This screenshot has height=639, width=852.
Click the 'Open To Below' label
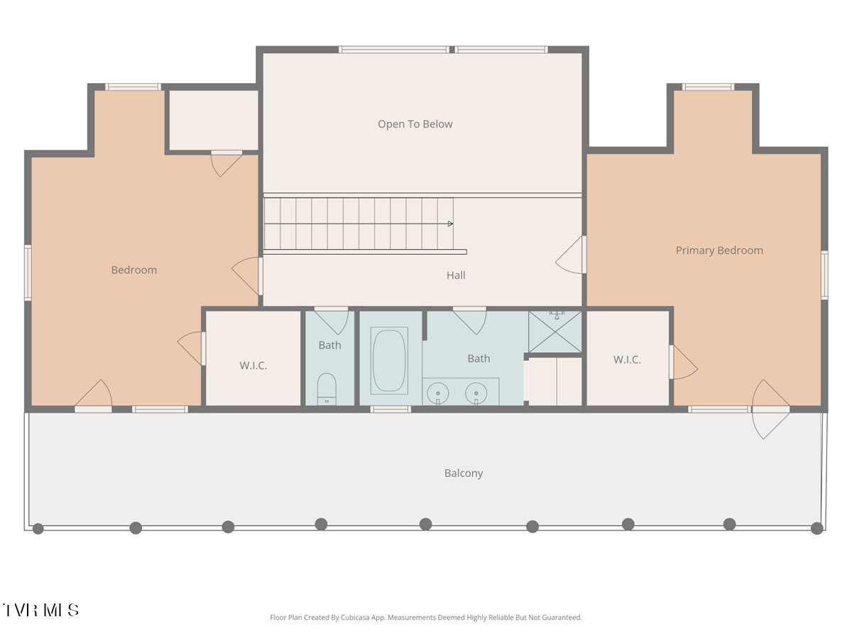415,124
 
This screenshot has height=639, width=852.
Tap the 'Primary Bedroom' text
719,250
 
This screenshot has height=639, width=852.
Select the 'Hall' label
456,275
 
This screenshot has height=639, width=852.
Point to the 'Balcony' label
464,473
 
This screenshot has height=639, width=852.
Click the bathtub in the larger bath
389,361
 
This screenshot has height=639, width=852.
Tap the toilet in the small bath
327,389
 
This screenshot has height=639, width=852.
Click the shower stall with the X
555,332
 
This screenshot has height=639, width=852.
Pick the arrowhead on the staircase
450,224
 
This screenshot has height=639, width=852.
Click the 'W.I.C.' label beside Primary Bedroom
627,360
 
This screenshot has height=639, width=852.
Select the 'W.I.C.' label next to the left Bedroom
253,366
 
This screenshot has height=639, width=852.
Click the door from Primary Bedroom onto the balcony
770,409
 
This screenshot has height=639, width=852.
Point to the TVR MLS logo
40,610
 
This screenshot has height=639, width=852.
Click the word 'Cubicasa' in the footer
355,617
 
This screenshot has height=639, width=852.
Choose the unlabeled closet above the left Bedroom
214,120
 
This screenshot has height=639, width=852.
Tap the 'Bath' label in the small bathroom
329,345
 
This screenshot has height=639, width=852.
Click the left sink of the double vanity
438,393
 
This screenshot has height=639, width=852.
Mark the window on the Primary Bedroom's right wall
824,275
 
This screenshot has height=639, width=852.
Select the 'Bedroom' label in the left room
134,270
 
